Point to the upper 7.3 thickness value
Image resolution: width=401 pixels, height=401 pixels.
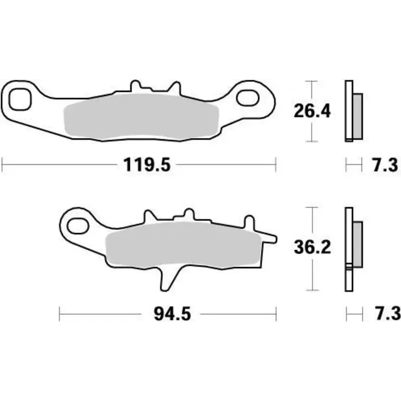(385, 164)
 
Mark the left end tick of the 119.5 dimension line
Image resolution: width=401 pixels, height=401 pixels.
(3, 164)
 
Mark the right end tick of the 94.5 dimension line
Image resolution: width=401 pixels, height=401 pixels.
(276, 314)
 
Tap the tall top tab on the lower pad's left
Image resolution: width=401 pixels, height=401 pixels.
(149, 217)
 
